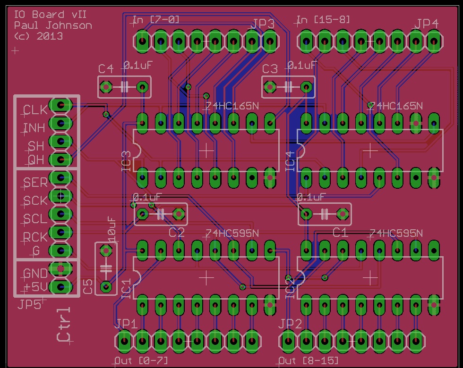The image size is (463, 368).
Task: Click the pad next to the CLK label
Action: pos(60,105)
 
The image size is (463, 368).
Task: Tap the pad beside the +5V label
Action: pos(60,286)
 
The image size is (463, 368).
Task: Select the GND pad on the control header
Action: pos(60,268)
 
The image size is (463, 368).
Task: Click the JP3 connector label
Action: pos(263,24)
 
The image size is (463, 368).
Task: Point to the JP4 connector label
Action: pos(427,24)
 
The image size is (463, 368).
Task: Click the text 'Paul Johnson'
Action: pos(53,25)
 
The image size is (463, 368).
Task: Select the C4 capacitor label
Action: pos(106,69)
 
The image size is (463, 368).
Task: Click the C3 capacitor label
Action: pos(270,69)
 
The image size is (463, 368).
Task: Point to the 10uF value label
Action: pos(112,230)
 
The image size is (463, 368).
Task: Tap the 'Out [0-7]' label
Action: pos(141,361)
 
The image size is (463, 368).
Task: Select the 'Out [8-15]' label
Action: pos(309,361)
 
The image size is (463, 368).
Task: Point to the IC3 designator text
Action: pos(126,161)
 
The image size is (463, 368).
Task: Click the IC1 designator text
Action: pos(126,289)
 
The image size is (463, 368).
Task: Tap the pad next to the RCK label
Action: pos(60,232)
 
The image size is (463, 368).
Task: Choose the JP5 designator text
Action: pos(29,305)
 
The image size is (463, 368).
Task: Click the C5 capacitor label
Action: pos(88,286)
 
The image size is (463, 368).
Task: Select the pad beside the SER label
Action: pos(60,177)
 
